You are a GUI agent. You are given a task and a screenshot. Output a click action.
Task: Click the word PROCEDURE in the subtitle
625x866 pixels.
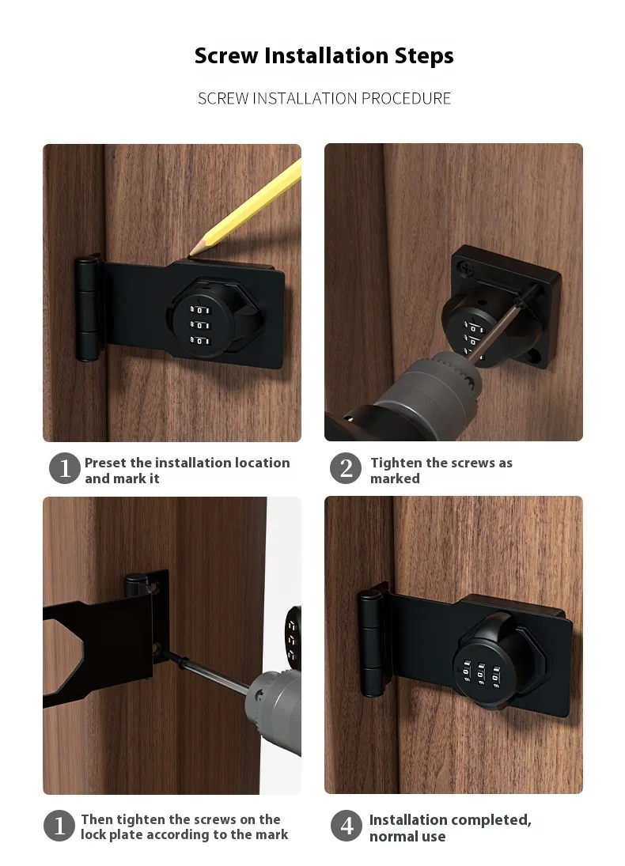[406, 98]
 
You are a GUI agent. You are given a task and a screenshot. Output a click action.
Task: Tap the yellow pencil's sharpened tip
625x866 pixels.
[191, 254]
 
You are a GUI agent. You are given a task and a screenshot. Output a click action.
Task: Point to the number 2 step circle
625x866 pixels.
[346, 469]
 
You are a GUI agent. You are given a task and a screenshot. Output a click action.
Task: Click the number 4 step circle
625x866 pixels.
[347, 826]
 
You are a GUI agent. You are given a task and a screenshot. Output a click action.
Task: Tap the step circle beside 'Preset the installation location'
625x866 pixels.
[65, 468]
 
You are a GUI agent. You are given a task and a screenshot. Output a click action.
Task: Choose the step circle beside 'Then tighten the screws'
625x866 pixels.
[59, 826]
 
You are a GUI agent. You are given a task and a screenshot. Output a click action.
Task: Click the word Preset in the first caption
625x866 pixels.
[105, 463]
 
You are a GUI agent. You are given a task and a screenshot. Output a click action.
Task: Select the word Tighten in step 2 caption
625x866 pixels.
[396, 463]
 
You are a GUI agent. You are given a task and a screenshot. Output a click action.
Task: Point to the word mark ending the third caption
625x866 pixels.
[271, 834]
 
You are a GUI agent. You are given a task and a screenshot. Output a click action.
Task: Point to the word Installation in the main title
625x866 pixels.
[326, 56]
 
